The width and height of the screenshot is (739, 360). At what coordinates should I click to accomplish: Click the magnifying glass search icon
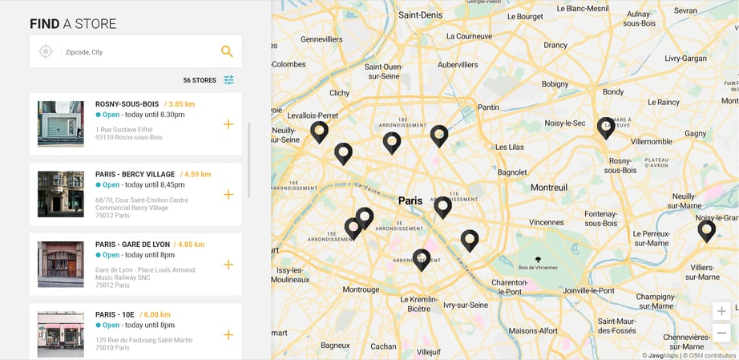point(227,51)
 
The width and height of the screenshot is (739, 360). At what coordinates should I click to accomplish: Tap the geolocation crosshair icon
point(46,51)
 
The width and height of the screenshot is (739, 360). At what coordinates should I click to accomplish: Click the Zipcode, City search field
point(136,52)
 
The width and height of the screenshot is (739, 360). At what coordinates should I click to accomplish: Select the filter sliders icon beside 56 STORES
point(229,80)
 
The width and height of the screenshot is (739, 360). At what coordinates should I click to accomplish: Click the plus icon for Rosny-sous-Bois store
point(228,124)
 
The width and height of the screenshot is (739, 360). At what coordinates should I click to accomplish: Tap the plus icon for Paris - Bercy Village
point(228,194)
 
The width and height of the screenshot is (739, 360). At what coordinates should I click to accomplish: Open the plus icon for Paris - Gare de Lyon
point(228,265)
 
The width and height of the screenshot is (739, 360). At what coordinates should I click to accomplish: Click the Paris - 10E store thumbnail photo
point(60,334)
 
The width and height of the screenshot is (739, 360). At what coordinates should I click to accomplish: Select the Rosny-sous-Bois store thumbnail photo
point(60,123)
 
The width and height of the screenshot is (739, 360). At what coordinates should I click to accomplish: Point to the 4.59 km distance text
point(196,174)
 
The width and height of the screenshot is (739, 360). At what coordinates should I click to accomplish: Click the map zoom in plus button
point(722,311)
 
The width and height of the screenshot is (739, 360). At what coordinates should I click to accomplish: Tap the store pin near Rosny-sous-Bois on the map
point(606,127)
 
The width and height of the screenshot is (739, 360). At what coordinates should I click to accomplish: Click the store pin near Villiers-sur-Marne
point(706,231)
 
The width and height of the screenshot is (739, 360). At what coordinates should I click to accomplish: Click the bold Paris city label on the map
point(410,200)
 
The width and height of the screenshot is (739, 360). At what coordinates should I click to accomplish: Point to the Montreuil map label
point(549,187)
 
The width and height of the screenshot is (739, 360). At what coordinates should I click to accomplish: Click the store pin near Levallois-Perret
point(319,131)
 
